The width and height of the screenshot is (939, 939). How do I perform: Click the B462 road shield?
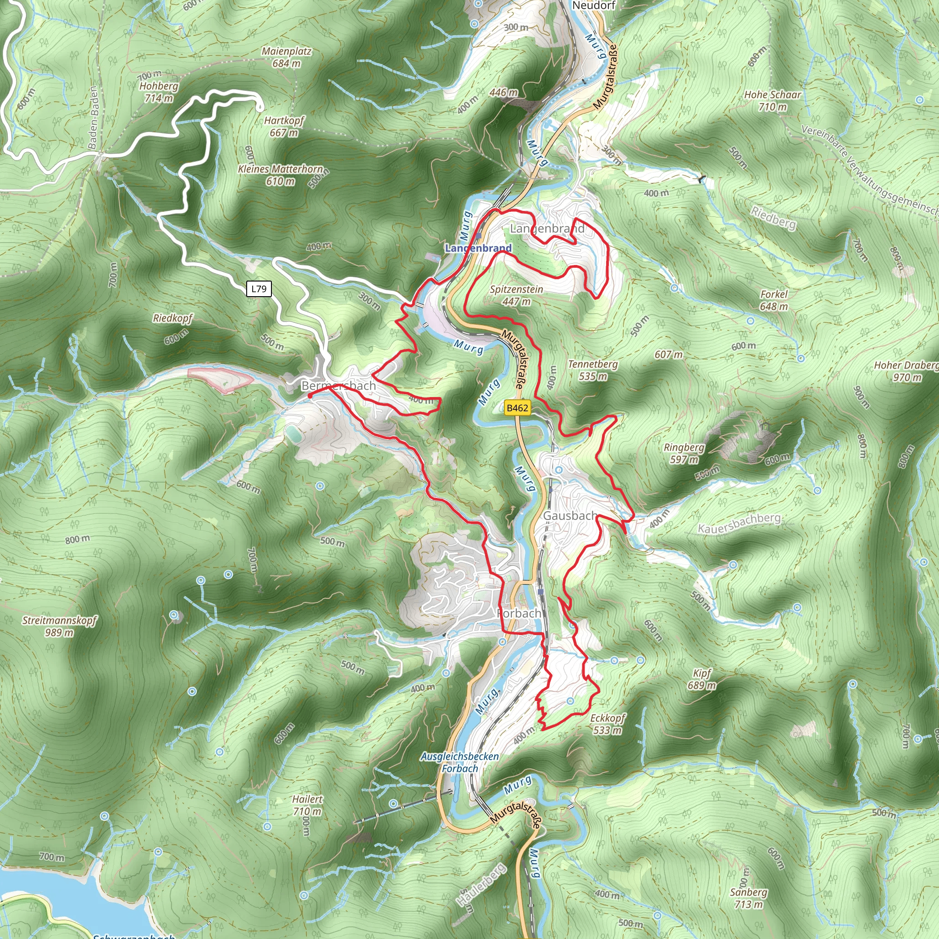coord(517,408)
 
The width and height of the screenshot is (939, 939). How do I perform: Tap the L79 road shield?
coord(259,289)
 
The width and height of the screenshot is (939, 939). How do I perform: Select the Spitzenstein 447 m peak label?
coord(516,295)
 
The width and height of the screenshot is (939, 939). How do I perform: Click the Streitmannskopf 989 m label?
coord(59,626)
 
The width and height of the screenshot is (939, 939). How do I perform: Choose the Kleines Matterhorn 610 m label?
coord(281,175)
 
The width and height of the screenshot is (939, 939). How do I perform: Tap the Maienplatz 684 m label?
coord(286,57)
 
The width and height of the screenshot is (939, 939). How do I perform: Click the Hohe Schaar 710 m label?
coord(772,100)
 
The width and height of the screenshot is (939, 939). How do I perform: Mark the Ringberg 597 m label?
coord(684,453)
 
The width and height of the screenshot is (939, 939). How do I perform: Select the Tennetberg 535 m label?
coord(593,370)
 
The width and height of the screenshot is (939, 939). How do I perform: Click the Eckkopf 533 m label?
coord(608,724)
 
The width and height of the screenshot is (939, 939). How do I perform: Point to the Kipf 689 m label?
coord(702,679)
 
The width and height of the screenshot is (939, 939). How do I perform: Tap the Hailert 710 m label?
coord(307,805)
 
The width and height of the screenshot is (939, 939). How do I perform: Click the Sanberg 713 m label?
coord(748,898)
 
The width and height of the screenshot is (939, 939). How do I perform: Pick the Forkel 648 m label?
coord(774,300)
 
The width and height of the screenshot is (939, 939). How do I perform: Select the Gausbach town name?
coord(570,516)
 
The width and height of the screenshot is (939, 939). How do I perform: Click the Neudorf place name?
coord(594,6)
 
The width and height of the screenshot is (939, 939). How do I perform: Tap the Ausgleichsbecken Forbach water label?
coord(460,762)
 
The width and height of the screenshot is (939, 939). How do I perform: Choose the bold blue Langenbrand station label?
coord(478,248)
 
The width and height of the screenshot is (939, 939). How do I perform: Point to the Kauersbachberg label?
coord(739,523)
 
